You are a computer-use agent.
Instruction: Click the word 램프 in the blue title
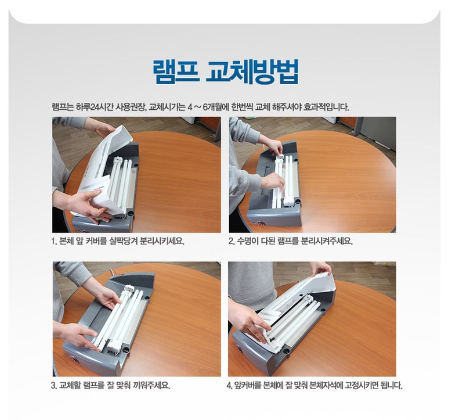coord(176,71)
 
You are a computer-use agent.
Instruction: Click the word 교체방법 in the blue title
coord(252,71)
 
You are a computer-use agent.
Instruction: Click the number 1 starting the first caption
coord(53,241)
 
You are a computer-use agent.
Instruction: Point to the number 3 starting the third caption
coord(53,385)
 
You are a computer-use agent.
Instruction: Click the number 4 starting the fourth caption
coord(229,385)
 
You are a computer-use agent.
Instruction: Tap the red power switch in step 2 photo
coord(261,223)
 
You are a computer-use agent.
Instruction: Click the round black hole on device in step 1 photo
coord(131,213)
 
